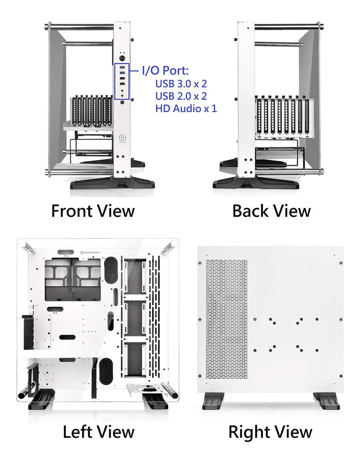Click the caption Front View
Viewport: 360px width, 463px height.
(x=93, y=211)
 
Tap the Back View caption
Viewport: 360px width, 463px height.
(x=271, y=211)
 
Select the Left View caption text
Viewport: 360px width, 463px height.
(x=98, y=432)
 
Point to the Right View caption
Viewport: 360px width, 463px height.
(x=270, y=432)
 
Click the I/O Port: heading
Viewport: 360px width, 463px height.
(x=165, y=70)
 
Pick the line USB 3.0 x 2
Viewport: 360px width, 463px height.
(x=181, y=83)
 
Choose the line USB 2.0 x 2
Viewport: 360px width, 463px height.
(x=181, y=95)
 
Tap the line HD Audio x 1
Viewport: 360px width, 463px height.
(x=186, y=108)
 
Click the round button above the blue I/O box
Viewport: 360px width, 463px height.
(x=123, y=59)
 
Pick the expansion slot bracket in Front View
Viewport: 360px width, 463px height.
(x=92, y=111)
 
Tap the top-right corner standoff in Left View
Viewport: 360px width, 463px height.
(x=171, y=245)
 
